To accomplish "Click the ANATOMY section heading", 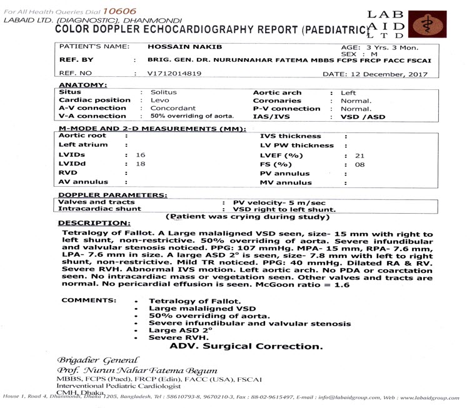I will (x=83, y=84).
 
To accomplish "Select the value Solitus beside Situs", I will (x=164, y=92).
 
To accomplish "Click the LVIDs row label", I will (x=71, y=154).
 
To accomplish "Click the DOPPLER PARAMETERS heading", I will (x=112, y=195).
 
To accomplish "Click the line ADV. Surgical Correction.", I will (x=246, y=346).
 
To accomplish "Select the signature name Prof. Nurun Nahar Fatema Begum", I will (x=138, y=372).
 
